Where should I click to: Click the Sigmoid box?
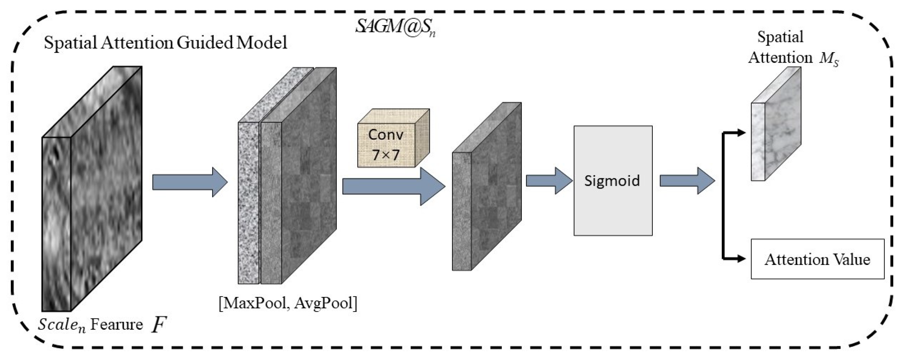point(613,181)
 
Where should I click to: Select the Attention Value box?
point(817,259)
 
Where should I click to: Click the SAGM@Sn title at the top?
point(395,26)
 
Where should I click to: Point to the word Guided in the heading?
point(205,43)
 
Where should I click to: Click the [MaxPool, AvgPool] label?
point(288,303)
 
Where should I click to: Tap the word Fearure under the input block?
point(117,324)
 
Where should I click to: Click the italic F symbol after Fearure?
point(158,324)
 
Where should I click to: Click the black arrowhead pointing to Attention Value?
point(741,259)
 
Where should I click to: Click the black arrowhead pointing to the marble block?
point(741,133)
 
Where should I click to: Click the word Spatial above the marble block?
point(780,37)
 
